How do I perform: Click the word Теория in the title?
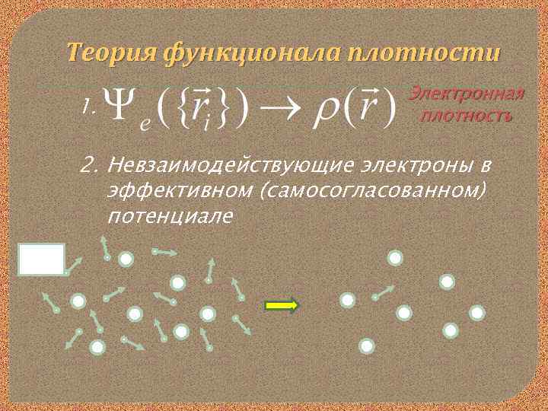click(111, 53)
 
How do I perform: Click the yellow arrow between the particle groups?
click(282, 305)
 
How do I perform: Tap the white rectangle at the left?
click(41, 259)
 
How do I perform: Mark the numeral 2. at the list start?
click(91, 165)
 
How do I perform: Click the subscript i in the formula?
click(205, 125)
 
